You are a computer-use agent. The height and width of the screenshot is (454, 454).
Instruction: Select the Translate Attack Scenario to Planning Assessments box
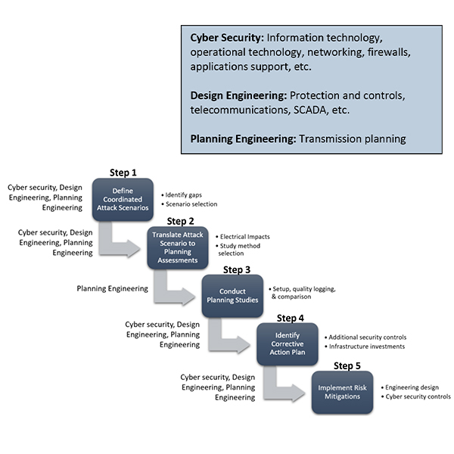point(177,247)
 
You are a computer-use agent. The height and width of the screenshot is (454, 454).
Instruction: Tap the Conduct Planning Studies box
point(232,295)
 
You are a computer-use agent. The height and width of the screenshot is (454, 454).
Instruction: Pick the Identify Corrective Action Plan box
point(287,343)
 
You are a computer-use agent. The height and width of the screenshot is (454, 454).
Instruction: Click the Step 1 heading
point(124,173)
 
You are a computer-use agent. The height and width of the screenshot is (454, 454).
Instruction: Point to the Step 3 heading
point(237,269)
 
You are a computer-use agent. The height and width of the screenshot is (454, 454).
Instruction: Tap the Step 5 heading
point(347,365)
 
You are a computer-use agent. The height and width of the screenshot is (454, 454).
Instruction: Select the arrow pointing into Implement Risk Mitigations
point(288,387)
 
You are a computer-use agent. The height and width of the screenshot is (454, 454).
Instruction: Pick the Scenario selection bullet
point(190,204)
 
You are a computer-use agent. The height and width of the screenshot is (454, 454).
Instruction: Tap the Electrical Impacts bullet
point(244,237)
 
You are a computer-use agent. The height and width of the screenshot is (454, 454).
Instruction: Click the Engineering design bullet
point(413,387)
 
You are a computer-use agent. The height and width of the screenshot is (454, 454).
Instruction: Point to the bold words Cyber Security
point(225,37)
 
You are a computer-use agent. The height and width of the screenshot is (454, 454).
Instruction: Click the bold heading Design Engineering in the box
point(237,95)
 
